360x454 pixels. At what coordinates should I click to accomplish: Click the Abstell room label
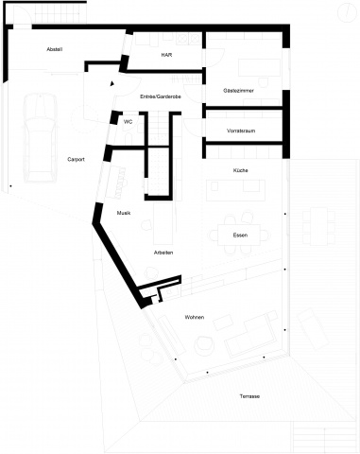click(55, 49)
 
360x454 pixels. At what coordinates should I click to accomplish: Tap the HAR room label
click(166, 55)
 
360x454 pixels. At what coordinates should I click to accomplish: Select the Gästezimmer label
click(238, 91)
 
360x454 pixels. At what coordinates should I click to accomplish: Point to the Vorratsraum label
click(241, 131)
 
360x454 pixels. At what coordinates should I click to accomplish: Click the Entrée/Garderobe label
click(161, 96)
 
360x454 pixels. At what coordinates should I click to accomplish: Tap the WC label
click(128, 122)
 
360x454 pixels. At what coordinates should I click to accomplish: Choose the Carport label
click(76, 159)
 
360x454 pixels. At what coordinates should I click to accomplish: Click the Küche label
click(240, 170)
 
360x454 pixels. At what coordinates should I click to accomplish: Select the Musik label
click(124, 213)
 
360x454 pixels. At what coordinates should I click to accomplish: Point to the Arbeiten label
click(163, 253)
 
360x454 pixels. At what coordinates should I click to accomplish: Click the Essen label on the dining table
click(240, 236)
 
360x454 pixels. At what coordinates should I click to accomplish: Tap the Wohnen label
click(195, 317)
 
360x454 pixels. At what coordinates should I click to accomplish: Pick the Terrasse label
click(249, 396)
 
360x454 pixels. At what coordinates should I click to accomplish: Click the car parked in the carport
click(41, 137)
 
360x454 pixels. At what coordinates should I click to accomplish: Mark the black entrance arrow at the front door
click(111, 83)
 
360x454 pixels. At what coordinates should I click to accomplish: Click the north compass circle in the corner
click(347, 12)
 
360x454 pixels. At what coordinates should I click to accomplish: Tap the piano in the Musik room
click(115, 183)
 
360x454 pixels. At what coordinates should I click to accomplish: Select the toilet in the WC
click(129, 138)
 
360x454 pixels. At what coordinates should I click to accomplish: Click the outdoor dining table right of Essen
click(318, 226)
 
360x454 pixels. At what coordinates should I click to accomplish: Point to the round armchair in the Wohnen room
click(204, 346)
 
